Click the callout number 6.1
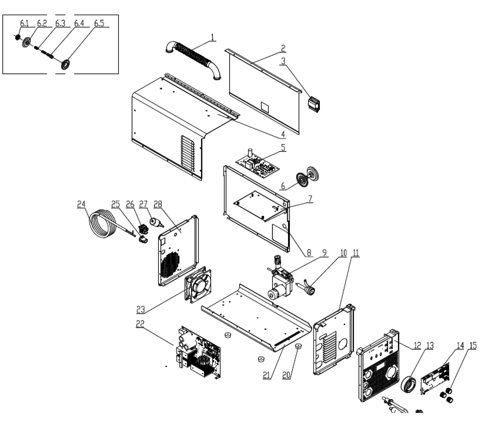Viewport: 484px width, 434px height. tap(24, 23)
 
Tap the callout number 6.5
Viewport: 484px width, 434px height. tap(99, 23)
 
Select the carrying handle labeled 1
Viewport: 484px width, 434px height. tap(193, 60)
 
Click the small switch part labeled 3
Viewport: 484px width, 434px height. tap(314, 104)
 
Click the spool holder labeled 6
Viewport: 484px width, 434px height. tap(307, 176)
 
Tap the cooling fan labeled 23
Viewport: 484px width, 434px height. tap(198, 285)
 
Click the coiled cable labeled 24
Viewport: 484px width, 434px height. tap(103, 224)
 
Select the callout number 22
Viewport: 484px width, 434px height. tap(140, 324)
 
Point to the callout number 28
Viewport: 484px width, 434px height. tap(158, 204)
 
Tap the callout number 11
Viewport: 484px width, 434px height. tap(356, 253)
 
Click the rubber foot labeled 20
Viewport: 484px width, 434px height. tap(298, 346)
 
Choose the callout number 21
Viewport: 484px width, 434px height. tap(266, 375)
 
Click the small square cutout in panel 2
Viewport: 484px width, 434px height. tap(265, 107)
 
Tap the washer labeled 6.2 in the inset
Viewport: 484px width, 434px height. tap(27, 42)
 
